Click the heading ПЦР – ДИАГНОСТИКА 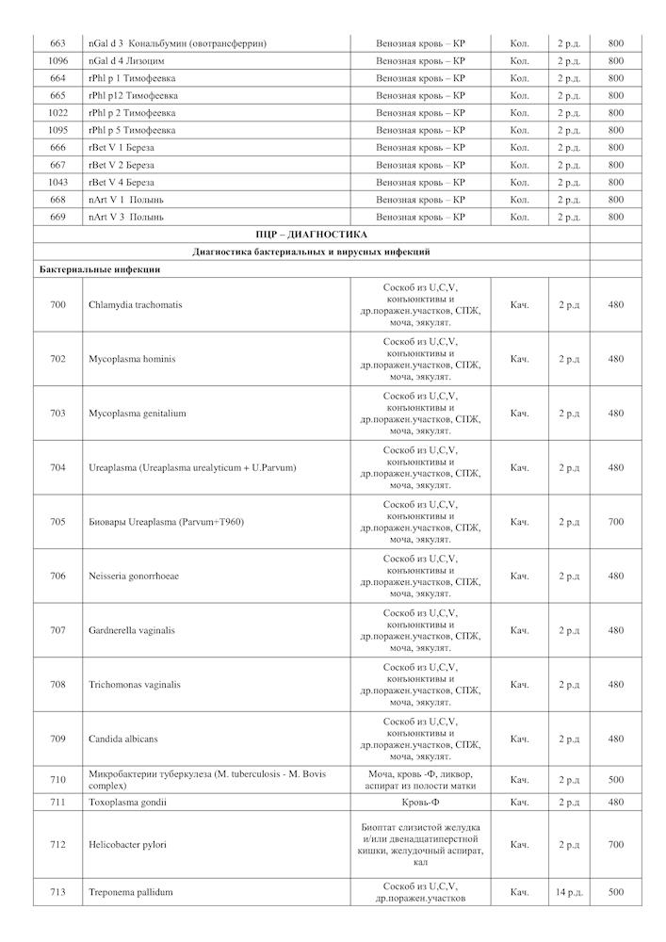311,234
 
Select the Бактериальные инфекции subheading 100,269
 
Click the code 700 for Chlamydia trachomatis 58,305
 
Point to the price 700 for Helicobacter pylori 615,845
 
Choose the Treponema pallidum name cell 131,891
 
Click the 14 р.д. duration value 569,891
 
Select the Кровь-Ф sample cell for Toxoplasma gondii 420,802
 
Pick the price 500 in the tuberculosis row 615,780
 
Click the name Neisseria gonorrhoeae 134,576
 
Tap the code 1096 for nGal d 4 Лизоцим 58,61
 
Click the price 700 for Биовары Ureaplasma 615,522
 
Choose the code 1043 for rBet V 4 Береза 58,182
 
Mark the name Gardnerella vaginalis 132,630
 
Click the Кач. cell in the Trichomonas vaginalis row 519,685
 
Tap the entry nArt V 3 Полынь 126,217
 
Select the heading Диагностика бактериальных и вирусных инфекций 311,252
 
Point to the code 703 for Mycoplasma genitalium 58,414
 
